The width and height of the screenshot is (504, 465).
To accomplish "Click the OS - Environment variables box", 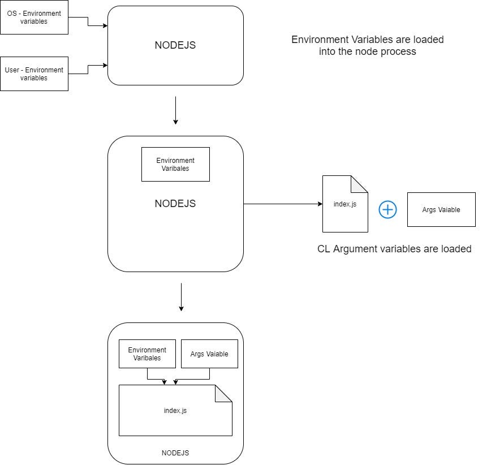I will point(34,17).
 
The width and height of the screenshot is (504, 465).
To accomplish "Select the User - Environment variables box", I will point(34,74).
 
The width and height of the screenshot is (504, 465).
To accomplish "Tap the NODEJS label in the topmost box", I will point(175,45).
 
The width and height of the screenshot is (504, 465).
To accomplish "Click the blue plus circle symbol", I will point(387,210).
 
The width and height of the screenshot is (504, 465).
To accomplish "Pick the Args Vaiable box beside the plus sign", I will point(441,209).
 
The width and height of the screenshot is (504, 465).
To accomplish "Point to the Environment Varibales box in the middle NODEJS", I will point(175,164).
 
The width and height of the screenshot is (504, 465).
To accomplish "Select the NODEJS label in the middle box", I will point(175,204).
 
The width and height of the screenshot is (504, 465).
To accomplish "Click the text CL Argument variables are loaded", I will point(394,249).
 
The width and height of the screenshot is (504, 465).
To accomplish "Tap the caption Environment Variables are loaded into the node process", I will point(368,45).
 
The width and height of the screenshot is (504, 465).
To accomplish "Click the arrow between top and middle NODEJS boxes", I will point(176,110).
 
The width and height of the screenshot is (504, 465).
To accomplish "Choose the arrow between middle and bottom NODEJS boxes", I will point(181,297).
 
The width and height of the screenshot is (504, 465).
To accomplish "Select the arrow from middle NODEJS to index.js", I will point(283,204).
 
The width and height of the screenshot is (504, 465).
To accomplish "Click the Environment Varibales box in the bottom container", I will point(147,354).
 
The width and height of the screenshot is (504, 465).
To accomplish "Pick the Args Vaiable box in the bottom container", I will point(209,354).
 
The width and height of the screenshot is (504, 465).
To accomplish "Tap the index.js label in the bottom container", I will point(175,411).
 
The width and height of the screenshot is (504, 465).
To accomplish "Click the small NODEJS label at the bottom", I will point(175,453).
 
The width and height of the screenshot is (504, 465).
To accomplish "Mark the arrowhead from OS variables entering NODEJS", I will point(105,25).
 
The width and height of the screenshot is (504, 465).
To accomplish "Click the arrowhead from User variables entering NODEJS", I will point(105,65).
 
